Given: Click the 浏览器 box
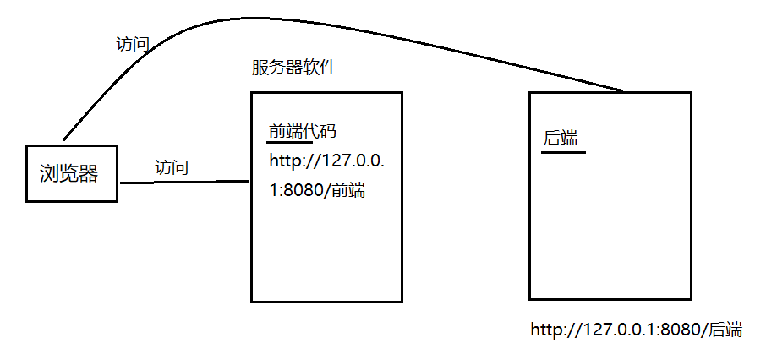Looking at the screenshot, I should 71,174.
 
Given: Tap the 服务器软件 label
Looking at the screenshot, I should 293,68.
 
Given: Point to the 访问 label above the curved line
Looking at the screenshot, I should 133,45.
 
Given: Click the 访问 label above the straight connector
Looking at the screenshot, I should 172,167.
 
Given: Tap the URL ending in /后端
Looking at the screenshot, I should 636,330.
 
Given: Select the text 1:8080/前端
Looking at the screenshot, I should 317,190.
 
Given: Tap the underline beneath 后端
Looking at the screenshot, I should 563,152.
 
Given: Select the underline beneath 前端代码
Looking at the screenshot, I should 284,143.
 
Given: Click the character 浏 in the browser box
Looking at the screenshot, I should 49,175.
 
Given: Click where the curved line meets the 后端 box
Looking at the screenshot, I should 623,91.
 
